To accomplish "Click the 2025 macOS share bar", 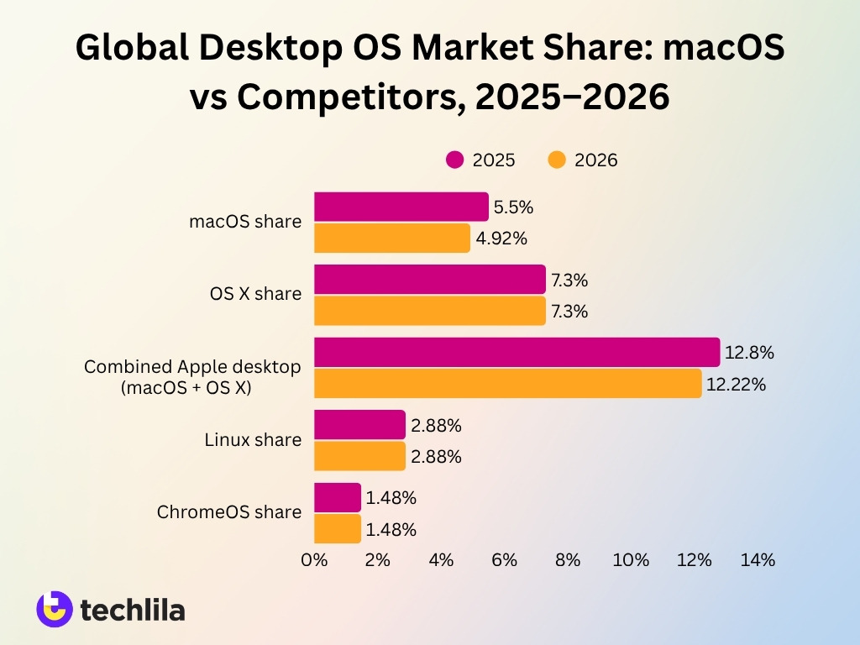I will [401, 207].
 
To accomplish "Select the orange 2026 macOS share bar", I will [391, 239].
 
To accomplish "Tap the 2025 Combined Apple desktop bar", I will [517, 352].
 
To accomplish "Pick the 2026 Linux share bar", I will [359, 457].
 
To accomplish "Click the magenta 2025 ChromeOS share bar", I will [337, 497].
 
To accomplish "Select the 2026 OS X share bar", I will [429, 312].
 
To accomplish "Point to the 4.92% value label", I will [501, 239].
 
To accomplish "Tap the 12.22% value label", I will [737, 385].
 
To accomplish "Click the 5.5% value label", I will [514, 207].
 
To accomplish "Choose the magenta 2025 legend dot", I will [455, 160].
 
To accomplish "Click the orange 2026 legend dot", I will [556, 160].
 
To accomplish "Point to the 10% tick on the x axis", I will [631, 560].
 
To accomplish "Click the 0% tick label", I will [314, 560].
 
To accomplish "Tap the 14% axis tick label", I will [758, 560].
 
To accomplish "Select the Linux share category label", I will [253, 440].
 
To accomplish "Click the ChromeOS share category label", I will [229, 512].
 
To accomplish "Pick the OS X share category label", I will [255, 295].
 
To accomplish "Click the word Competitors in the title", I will [349, 97].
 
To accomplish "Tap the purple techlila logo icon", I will [54, 609].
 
